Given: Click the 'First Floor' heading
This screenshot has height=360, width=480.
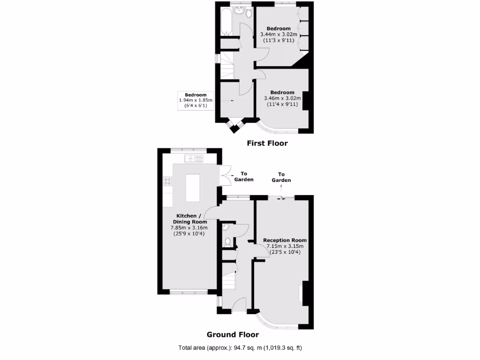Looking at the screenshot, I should [267, 143].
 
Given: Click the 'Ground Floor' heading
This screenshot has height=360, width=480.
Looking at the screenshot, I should [232, 335].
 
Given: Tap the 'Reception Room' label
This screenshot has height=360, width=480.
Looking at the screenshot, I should [285, 240].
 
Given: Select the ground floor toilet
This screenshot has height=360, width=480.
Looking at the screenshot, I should [227, 242].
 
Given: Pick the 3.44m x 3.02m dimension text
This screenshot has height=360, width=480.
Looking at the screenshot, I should [278, 34].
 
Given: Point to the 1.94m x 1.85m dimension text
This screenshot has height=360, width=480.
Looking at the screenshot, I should [195, 100].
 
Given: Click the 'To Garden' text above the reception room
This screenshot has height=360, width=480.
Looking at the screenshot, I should [281, 177].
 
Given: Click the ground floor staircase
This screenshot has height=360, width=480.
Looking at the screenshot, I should [228, 280].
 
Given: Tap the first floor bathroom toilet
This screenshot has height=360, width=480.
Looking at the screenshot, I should [247, 13].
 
